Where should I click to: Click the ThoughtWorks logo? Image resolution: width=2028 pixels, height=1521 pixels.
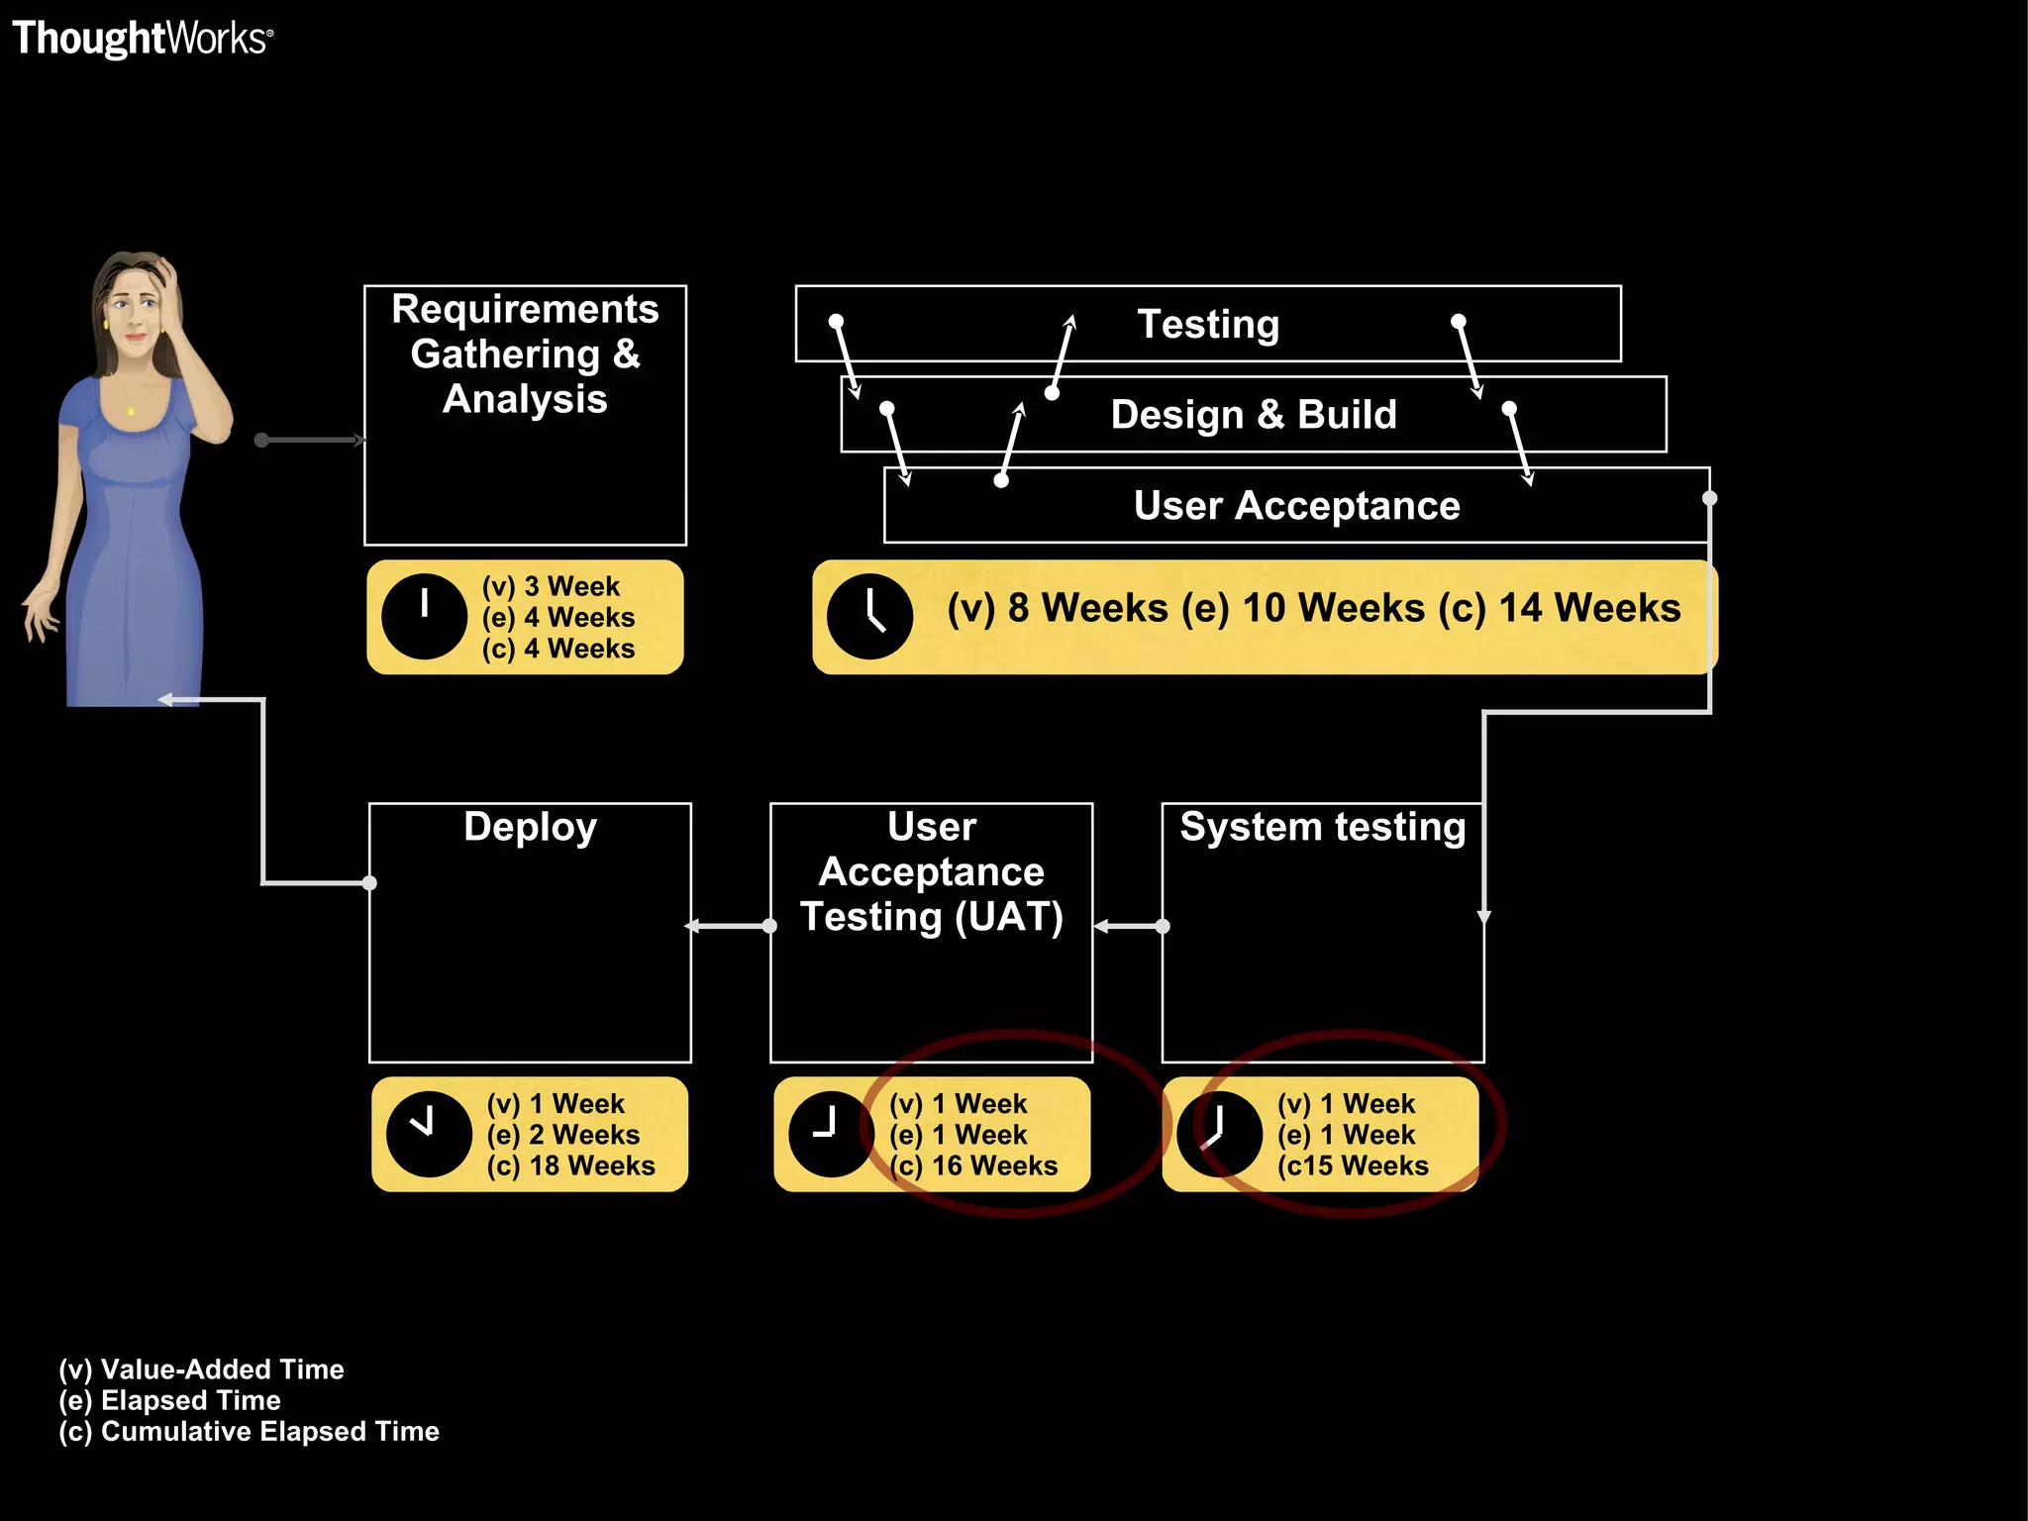tap(142, 39)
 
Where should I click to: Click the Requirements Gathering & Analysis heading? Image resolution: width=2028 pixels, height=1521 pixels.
tap(525, 354)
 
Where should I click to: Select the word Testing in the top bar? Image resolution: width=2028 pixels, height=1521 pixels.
tap(1208, 325)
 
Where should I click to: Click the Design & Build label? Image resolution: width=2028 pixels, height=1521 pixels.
tap(1254, 415)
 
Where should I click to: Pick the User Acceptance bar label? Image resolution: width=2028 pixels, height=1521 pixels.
tap(1296, 506)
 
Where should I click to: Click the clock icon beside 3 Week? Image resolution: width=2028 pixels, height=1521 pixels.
tap(424, 617)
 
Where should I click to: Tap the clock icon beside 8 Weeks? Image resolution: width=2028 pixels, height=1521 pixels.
tap(869, 617)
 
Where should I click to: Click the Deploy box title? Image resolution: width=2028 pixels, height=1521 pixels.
tap(530, 827)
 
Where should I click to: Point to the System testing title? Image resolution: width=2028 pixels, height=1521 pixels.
tap(1322, 827)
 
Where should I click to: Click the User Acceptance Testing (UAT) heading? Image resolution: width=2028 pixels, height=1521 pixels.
tap(931, 871)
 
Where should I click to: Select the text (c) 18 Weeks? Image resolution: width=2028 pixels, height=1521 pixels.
tap(570, 1166)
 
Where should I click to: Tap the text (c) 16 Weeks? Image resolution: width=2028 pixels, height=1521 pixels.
tap(973, 1166)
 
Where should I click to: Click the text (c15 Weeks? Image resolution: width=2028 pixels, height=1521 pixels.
tap(1353, 1166)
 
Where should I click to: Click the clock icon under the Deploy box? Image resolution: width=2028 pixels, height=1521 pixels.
tap(429, 1135)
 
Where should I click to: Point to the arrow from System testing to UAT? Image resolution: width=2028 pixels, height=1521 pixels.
tap(1128, 927)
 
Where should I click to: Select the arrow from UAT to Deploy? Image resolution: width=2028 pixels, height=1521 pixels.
tap(730, 926)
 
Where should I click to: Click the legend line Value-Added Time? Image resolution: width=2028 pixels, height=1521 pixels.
tap(201, 1369)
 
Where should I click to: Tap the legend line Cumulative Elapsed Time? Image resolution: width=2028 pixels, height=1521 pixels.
tap(249, 1432)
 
